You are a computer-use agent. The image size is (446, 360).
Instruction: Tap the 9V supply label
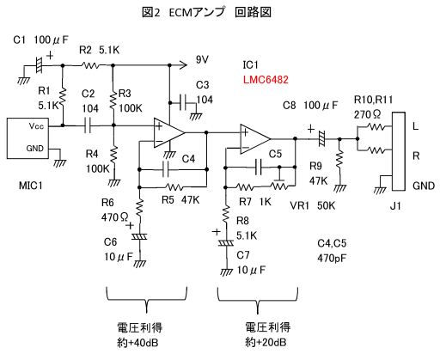(203, 59)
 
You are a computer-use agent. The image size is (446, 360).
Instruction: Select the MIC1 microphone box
(29, 137)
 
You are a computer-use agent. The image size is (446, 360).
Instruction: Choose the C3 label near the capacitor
(202, 85)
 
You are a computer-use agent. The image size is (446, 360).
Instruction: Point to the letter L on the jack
(416, 126)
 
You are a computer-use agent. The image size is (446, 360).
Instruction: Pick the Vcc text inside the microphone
(36, 126)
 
